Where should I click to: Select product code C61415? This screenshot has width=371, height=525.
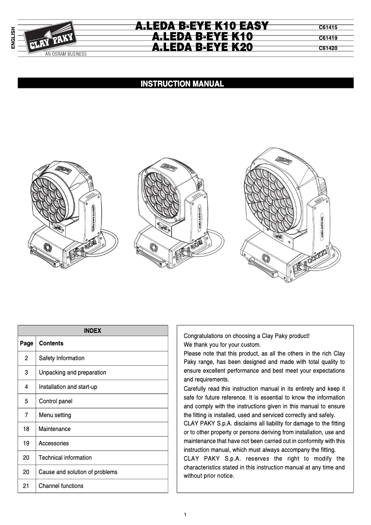click(x=328, y=28)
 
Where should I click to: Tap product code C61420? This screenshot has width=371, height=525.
click(x=328, y=48)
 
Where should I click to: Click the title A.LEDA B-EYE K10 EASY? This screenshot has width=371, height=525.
click(x=202, y=26)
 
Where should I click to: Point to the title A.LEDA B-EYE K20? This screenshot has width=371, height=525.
click(x=202, y=47)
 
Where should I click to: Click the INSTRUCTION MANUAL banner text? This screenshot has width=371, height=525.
click(x=182, y=84)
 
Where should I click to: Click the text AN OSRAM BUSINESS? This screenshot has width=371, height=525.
click(x=65, y=54)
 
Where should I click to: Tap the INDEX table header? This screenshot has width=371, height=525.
click(x=93, y=331)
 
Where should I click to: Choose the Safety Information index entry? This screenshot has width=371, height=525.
click(x=62, y=358)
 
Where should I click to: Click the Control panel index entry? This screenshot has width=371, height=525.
click(x=56, y=401)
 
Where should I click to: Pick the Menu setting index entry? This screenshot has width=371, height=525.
click(x=55, y=415)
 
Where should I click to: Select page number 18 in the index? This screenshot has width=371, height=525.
click(x=26, y=429)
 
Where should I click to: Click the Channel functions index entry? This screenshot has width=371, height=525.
click(x=61, y=486)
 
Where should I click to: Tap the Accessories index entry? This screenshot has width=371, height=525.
click(x=54, y=443)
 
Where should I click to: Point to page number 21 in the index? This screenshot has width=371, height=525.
click(x=26, y=486)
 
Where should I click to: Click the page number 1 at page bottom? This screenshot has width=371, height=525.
click(x=185, y=515)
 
